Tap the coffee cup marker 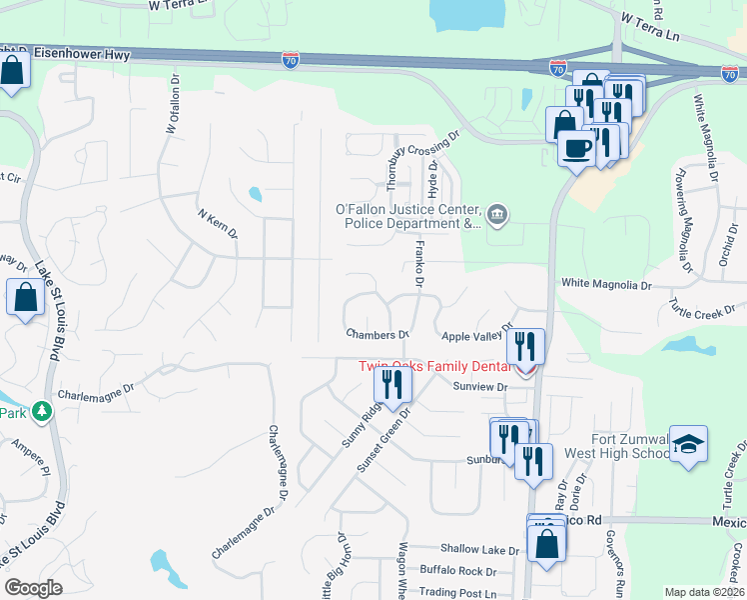click(575, 148)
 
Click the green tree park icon click(41, 411)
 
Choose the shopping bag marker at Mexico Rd click(546, 545)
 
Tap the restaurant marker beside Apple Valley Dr click(525, 347)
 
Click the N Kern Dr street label click(218, 224)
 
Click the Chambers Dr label click(378, 334)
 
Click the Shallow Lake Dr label click(480, 550)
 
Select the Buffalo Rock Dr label click(458, 572)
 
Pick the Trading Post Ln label click(465, 593)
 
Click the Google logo click(32, 587)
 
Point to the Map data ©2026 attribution click(704, 592)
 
